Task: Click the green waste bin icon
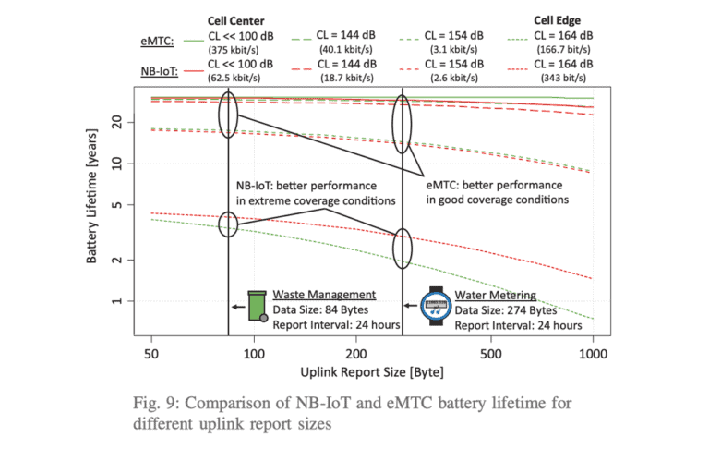click(x=256, y=307)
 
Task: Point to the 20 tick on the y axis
click(x=118, y=122)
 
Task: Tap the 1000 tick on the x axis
click(x=592, y=353)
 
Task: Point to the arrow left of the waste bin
click(x=238, y=308)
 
